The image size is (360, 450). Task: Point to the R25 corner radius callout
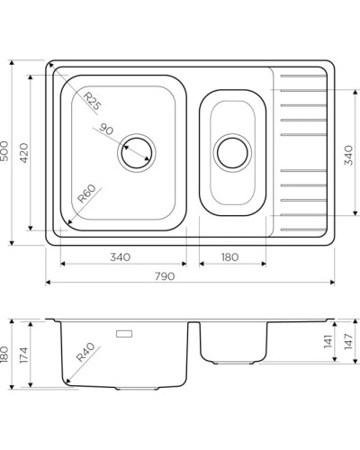tap(90, 101)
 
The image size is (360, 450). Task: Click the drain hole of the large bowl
tap(136, 152)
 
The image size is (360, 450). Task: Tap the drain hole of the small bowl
tap(232, 152)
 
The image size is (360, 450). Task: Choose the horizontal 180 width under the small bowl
tap(229, 256)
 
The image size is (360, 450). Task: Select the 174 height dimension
tap(26, 355)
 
